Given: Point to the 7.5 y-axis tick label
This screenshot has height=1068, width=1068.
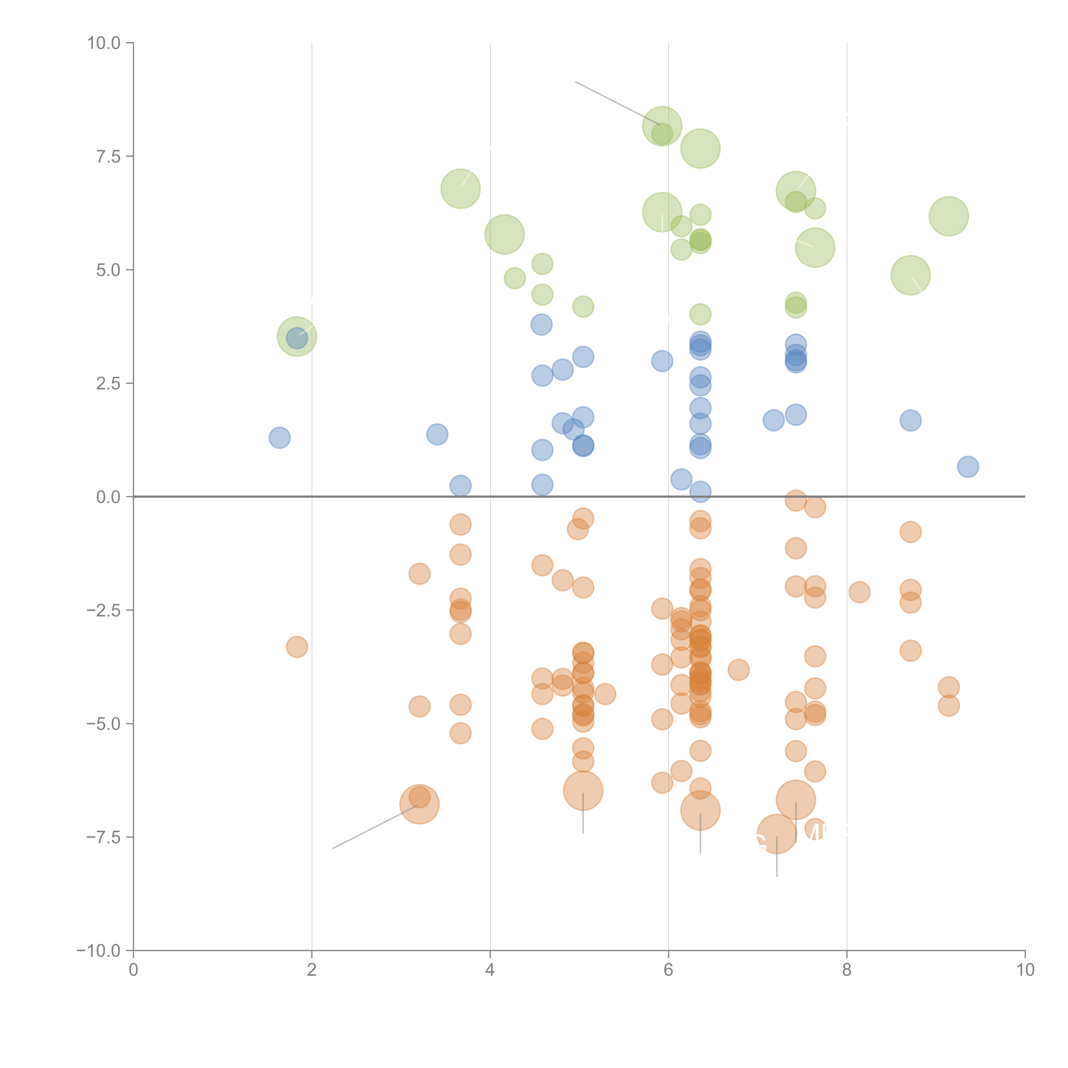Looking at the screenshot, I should [108, 156].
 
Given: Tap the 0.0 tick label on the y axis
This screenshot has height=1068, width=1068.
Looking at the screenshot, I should [108, 497].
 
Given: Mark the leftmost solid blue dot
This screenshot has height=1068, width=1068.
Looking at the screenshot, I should [280, 438].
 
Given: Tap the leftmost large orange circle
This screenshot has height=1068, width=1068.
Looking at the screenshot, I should [420, 804].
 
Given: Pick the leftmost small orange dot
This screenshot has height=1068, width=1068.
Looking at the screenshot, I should [297, 647].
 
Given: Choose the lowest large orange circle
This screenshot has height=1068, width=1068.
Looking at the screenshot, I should [777, 834].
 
